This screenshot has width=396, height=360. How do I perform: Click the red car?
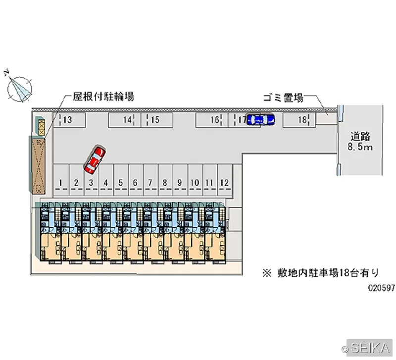click(95, 159)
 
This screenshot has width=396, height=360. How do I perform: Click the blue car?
click(261, 119)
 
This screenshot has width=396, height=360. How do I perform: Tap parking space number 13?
click(69, 120)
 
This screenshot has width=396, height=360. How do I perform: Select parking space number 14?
click(125, 120)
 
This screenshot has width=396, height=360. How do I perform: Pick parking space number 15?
click(157, 120)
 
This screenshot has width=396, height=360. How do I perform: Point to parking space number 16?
click(212, 120)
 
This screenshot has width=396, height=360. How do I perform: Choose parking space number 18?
click(299, 120)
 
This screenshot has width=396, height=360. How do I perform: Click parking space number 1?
click(61, 180)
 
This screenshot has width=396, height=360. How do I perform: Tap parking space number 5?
click(121, 180)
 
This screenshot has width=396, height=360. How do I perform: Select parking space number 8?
click(165, 180)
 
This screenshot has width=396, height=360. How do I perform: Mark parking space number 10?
click(195, 180)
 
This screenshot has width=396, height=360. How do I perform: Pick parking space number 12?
click(225, 180)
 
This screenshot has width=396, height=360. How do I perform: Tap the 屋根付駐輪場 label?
click(103, 97)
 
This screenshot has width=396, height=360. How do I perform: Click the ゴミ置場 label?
click(283, 98)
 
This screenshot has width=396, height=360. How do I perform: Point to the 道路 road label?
click(360, 137)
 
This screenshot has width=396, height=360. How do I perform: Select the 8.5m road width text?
click(360, 147)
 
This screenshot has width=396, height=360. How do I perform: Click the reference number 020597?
click(381, 288)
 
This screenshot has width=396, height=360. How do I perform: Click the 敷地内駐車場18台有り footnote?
click(321, 273)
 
